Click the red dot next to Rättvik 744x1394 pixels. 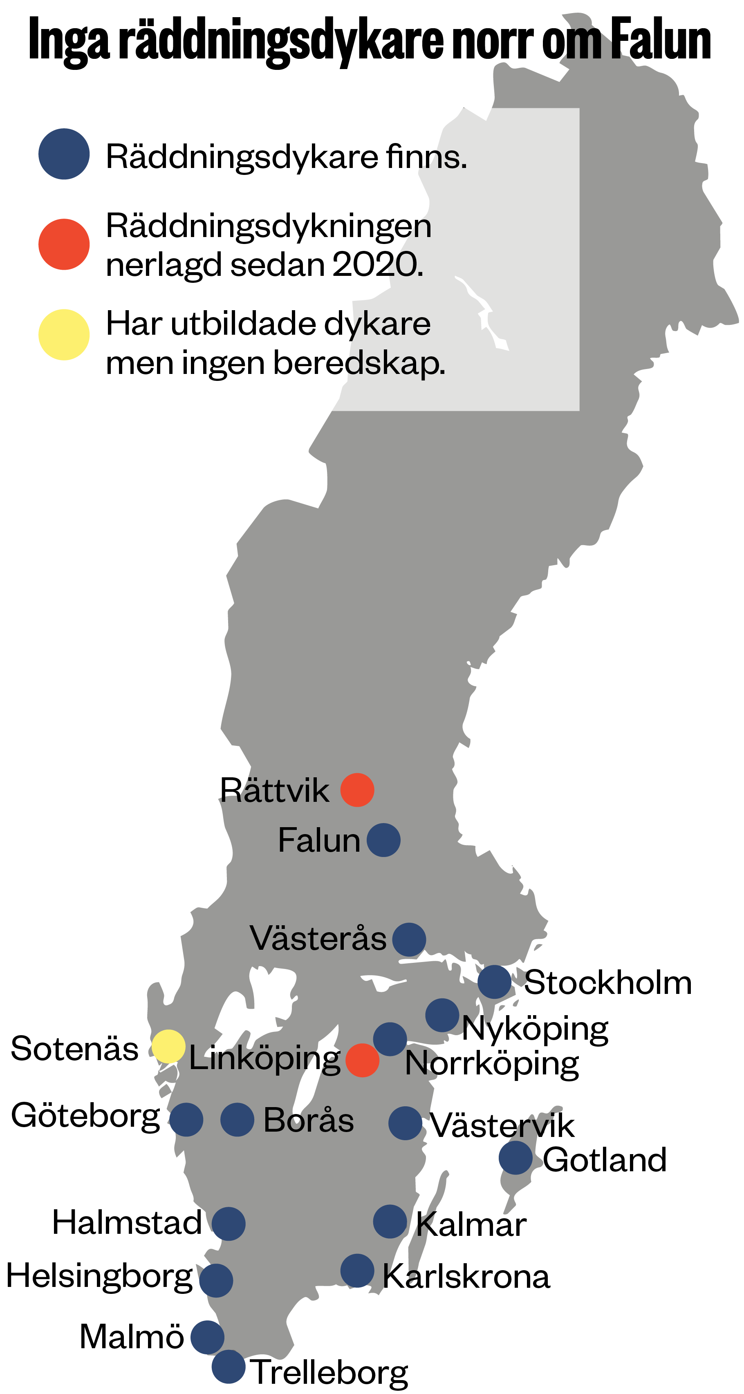pyautogui.click(x=357, y=790)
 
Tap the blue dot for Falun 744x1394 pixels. pyautogui.click(x=383, y=840)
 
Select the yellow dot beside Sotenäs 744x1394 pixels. pyautogui.click(x=168, y=1046)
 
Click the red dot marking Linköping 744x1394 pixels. pyautogui.click(x=362, y=1060)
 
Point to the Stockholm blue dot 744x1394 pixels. pyautogui.click(x=494, y=982)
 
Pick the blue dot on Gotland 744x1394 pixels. pyautogui.click(x=515, y=1157)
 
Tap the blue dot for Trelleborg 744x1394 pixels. pyautogui.click(x=228, y=1366)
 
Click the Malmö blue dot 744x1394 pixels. pyautogui.click(x=207, y=1337)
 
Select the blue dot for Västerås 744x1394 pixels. pyautogui.click(x=409, y=940)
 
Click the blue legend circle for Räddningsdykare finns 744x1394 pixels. pyautogui.click(x=64, y=154)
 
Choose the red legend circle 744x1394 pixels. pyautogui.click(x=64, y=244)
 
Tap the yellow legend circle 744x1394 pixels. pyautogui.click(x=64, y=334)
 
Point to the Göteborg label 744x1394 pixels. pyautogui.click(x=85, y=1115)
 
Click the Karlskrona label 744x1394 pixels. pyautogui.click(x=466, y=1276)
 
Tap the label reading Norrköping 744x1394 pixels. pyautogui.click(x=492, y=1063)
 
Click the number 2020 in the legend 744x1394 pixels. pyautogui.click(x=377, y=265)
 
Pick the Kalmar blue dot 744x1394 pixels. pyautogui.click(x=390, y=1222)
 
